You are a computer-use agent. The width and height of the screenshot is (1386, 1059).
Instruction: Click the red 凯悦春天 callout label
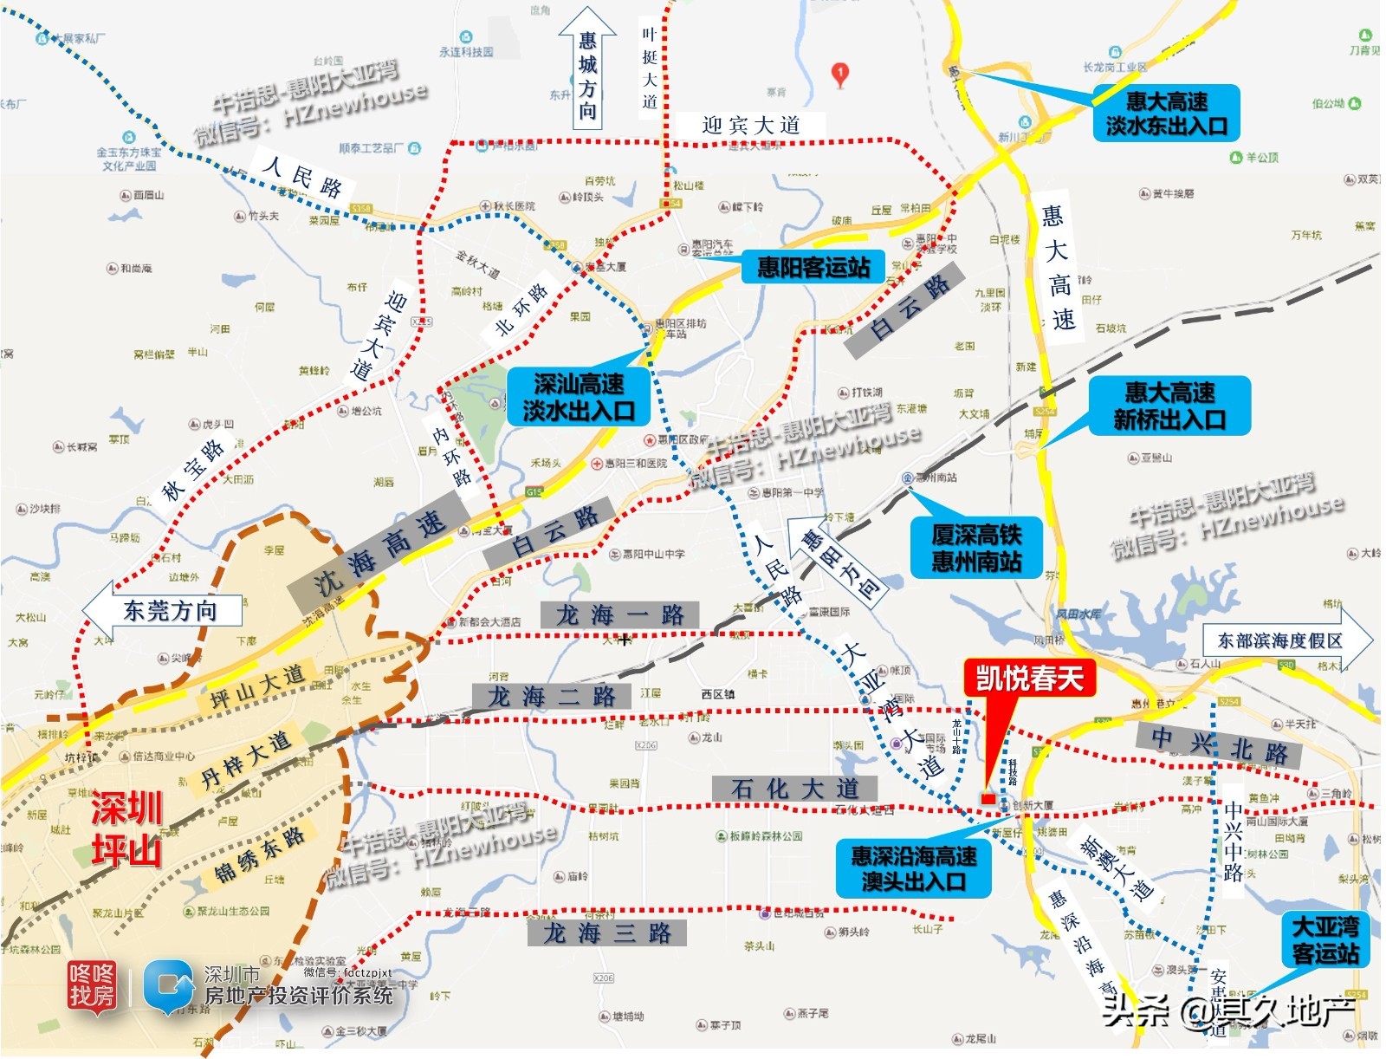[1029, 679]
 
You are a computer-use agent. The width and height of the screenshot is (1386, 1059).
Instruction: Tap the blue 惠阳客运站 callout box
[813, 267]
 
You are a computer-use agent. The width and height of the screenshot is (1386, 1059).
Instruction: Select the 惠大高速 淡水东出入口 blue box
[1165, 114]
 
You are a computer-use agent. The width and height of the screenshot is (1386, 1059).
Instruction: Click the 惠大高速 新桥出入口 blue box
[1169, 406]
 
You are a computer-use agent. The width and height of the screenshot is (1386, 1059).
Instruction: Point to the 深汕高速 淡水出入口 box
[578, 397]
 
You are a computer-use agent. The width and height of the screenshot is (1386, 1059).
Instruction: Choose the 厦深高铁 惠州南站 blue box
[975, 548]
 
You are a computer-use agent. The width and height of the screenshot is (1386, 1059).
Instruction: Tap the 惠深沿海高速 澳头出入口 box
[913, 868]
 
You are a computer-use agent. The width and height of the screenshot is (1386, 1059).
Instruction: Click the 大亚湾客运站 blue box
[1324, 939]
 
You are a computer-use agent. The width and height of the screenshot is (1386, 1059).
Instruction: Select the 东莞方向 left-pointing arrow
[162, 610]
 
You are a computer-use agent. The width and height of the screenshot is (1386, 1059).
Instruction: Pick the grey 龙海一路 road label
[619, 615]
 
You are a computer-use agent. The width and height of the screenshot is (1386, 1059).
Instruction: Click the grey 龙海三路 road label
[606, 932]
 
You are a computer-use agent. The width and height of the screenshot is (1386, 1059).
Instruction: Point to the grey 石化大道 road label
[793, 789]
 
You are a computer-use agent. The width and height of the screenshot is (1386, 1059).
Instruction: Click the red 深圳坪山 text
[126, 829]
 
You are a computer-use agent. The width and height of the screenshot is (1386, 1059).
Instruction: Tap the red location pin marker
[839, 75]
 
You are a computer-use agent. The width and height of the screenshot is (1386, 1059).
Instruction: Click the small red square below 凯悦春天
[988, 798]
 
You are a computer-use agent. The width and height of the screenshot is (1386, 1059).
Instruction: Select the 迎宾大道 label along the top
[750, 125]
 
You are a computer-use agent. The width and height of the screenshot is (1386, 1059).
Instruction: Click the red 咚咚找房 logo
[91, 985]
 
